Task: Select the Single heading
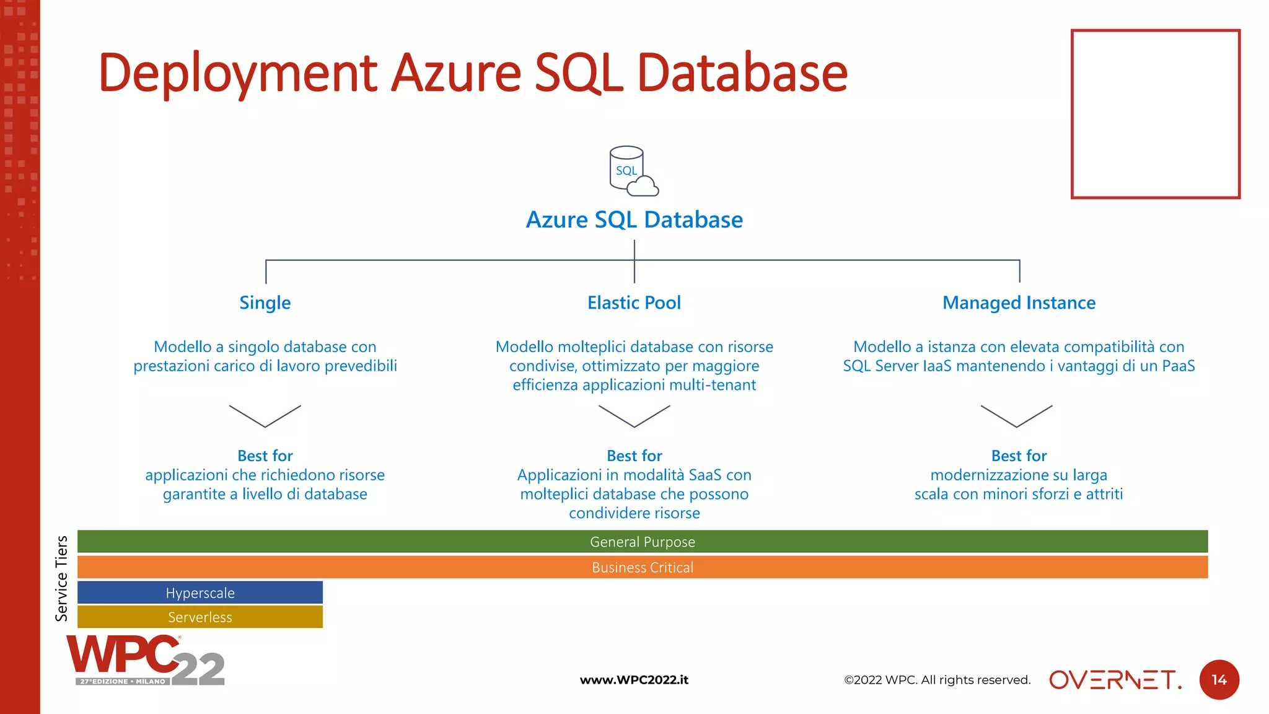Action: pyautogui.click(x=265, y=302)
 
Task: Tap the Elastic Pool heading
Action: pyautogui.click(x=634, y=302)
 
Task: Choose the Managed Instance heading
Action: pyautogui.click(x=1019, y=302)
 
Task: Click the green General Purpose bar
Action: pyautogui.click(x=642, y=542)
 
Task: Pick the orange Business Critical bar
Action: pyautogui.click(x=642, y=567)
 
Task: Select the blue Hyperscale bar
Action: pyautogui.click(x=200, y=593)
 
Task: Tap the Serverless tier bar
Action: pyautogui.click(x=200, y=617)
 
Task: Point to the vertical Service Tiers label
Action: pyautogui.click(x=61, y=578)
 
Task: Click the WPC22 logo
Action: pyautogui.click(x=145, y=661)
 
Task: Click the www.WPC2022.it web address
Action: pyautogui.click(x=634, y=680)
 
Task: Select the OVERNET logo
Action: pyautogui.click(x=1115, y=680)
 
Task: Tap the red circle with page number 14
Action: pyautogui.click(x=1219, y=680)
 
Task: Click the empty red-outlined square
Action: pyautogui.click(x=1155, y=114)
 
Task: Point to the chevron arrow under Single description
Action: pyautogui.click(x=265, y=416)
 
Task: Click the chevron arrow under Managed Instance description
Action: pyautogui.click(x=1016, y=416)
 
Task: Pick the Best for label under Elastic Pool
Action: pyautogui.click(x=634, y=456)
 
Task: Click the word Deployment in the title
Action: pyautogui.click(x=238, y=73)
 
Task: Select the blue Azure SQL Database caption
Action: pyautogui.click(x=634, y=219)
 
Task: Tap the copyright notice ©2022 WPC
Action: pyautogui.click(x=937, y=680)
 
